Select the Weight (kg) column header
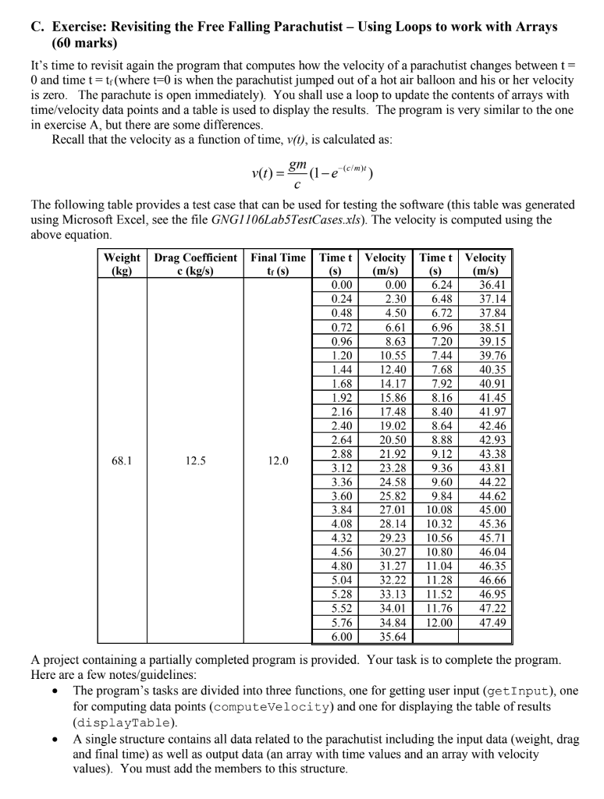point(121,265)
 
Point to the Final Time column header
point(276,265)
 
